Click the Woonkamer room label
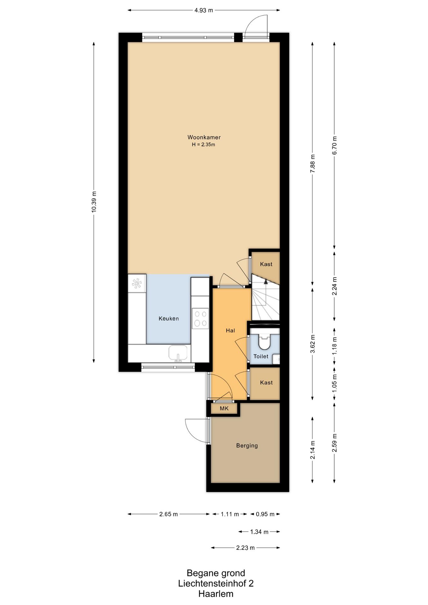204,137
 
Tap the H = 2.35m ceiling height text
203,145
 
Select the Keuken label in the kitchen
169,319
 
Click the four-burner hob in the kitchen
200,318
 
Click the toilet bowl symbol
264,342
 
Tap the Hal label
230,331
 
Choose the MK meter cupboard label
224,409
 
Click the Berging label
247,446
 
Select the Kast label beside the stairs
266,264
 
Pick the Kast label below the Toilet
266,383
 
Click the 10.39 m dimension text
94,202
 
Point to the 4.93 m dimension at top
204,10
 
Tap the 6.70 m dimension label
334,145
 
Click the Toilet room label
261,356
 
